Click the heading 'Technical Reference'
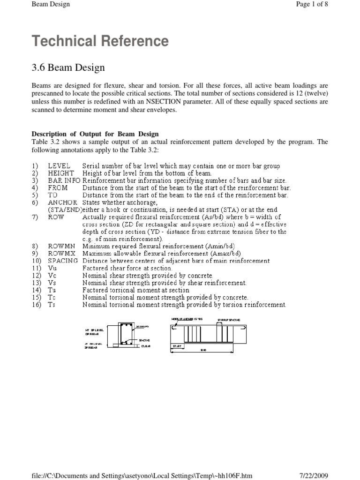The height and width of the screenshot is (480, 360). pos(100,41)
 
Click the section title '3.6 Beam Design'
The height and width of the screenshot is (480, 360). pos(68,68)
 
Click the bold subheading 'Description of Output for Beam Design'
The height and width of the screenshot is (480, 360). pos(95,134)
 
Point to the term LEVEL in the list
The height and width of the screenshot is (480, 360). pos(59,166)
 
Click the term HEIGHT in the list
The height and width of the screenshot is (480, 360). pos(61,173)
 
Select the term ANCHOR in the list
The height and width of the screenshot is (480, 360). pos(62,203)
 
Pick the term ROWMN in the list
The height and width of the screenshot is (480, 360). pos(61,246)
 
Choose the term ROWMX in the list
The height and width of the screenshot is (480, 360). pos(61,253)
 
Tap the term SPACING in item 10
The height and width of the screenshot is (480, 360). pos(63,261)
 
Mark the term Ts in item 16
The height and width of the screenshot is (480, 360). pos(52,305)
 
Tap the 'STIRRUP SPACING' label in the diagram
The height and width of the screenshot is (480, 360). pos(228,320)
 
